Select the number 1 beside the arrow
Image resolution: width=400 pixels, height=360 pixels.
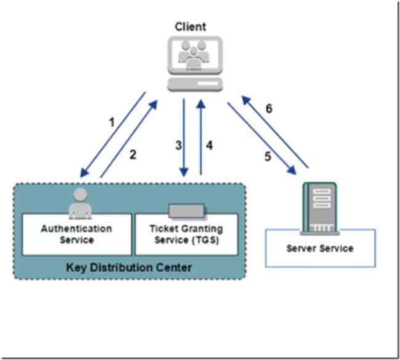111,122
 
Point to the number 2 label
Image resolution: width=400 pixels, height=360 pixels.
132,154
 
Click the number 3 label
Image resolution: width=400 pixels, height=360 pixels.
178,146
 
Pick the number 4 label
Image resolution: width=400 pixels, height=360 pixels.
209,146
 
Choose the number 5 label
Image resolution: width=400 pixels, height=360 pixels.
268,157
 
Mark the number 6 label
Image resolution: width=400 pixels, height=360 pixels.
268,109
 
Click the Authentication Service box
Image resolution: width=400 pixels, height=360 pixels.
77,234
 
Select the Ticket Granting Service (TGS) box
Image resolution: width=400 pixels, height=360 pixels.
186,234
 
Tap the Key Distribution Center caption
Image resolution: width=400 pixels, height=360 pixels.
129,267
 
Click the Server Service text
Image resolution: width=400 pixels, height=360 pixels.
320,248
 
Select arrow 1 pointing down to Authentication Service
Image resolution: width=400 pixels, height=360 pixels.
113,136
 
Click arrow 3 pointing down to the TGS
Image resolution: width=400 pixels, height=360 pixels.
184,138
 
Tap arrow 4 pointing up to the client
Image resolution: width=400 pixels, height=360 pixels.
201,138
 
